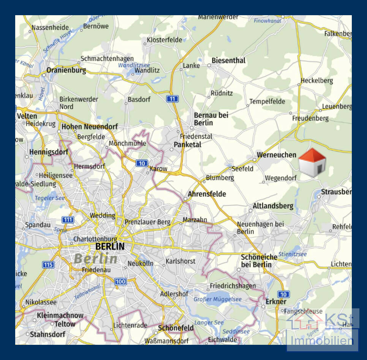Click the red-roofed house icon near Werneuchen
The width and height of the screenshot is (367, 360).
(x=312, y=163)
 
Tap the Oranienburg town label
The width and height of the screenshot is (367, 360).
(x=66, y=70)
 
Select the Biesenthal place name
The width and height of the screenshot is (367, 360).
(x=228, y=60)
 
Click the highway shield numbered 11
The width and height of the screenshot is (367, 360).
(x=172, y=99)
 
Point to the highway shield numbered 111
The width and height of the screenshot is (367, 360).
(x=68, y=220)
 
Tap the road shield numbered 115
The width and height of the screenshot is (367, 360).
(x=48, y=265)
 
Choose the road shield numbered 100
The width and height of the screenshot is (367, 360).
(x=120, y=281)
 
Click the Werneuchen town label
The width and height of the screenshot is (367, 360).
(x=277, y=155)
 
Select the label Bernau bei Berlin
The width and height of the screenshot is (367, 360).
(x=211, y=119)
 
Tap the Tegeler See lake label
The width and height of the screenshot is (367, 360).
(x=50, y=198)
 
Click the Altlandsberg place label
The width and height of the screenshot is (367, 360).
(x=273, y=206)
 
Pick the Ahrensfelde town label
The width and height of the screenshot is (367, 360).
(x=207, y=194)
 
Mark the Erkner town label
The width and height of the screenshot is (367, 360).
(x=276, y=302)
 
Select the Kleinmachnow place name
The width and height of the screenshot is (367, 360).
(x=60, y=316)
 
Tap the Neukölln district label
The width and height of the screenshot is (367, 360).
(x=140, y=263)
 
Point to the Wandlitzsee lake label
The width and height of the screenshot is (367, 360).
(x=134, y=65)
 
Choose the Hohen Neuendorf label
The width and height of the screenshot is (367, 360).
(x=90, y=126)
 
